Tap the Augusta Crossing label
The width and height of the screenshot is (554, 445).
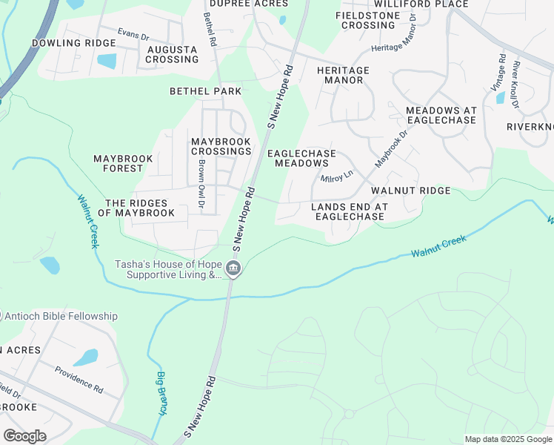pyautogui.click(x=172, y=55)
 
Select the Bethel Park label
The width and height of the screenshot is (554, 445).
pyautogui.click(x=206, y=91)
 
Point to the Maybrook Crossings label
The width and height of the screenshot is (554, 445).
pyautogui.click(x=221, y=146)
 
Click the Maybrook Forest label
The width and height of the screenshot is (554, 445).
pyautogui.click(x=123, y=163)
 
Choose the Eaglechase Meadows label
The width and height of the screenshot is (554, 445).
pyautogui.click(x=301, y=158)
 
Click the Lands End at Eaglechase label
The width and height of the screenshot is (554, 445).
pyautogui.click(x=350, y=211)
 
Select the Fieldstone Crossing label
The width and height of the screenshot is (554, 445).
pyautogui.click(x=369, y=20)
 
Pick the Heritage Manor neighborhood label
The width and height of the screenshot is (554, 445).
pyautogui.click(x=343, y=75)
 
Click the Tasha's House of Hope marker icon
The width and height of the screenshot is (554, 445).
pyautogui.click(x=233, y=268)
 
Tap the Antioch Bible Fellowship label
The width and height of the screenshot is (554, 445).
pyautogui.click(x=61, y=316)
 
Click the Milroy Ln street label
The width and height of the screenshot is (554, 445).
pyautogui.click(x=337, y=177)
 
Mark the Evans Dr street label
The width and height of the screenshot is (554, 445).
pyautogui.click(x=133, y=33)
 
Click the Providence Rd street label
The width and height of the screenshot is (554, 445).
pyautogui.click(x=78, y=378)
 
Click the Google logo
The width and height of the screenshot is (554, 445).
pyautogui.click(x=24, y=435)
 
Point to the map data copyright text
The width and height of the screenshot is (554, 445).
pyautogui.click(x=508, y=439)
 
